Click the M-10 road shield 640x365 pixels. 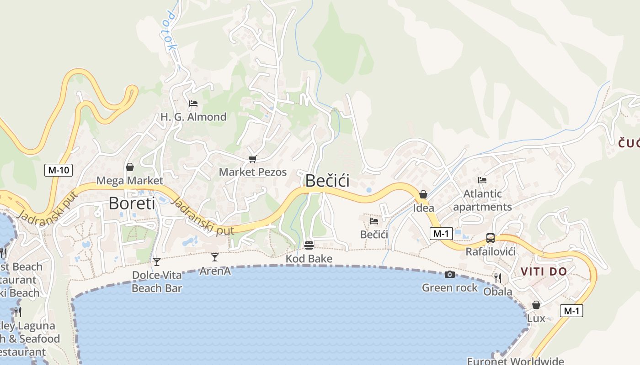click(x=59, y=170)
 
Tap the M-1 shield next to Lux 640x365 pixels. click(x=571, y=311)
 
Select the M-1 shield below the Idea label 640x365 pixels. click(x=441, y=234)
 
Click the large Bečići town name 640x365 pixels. click(x=327, y=181)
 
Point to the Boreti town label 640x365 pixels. click(x=132, y=203)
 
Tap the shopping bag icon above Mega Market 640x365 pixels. click(x=130, y=167)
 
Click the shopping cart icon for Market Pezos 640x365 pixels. click(x=252, y=159)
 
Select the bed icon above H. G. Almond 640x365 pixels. click(x=193, y=104)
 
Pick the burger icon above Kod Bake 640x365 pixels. click(x=309, y=245)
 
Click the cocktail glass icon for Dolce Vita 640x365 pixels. click(x=157, y=261)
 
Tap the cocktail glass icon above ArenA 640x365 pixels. click(x=215, y=257)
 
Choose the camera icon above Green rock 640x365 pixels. click(x=450, y=274)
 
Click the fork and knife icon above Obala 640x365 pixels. click(x=498, y=278)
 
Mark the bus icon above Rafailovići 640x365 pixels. click(x=491, y=238)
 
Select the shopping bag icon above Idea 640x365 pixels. click(x=423, y=194)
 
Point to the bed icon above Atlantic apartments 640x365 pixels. click(x=482, y=180)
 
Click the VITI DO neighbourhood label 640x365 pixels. click(x=544, y=272)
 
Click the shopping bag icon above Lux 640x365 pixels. click(x=536, y=305)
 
